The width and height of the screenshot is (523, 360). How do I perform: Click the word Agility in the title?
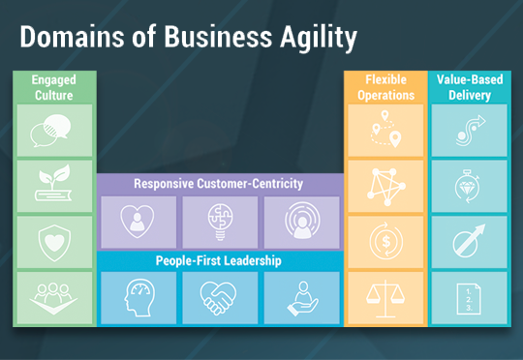click(x=319, y=39)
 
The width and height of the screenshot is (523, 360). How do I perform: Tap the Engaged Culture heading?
click(x=54, y=88)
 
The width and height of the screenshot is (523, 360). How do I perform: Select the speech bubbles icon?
click(x=50, y=131)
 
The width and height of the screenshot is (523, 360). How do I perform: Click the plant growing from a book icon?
click(x=53, y=183)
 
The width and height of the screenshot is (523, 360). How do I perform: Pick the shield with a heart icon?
click(x=54, y=243)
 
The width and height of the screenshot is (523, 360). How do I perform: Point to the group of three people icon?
click(x=53, y=299)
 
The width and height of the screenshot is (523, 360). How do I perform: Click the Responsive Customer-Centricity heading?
click(x=219, y=184)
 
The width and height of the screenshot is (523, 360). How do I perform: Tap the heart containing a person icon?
click(x=138, y=221)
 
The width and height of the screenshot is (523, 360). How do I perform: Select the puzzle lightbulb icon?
click(x=220, y=222)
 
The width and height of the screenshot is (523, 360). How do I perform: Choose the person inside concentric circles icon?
click(x=302, y=221)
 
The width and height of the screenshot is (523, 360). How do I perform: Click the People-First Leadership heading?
click(x=219, y=260)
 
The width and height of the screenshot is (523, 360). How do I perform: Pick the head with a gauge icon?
click(x=139, y=297)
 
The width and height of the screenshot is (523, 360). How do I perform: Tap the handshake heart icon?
click(x=218, y=298)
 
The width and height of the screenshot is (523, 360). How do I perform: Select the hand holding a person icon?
click(x=303, y=299)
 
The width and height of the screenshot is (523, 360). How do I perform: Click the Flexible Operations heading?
click(x=385, y=87)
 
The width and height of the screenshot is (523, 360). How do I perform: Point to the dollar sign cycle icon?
click(x=385, y=241)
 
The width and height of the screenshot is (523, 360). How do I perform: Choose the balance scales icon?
click(x=385, y=298)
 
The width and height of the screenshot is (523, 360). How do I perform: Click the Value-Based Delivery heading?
click(x=470, y=87)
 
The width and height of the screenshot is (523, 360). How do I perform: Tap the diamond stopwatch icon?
click(x=468, y=187)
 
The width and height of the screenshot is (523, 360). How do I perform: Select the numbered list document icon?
click(x=469, y=299)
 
